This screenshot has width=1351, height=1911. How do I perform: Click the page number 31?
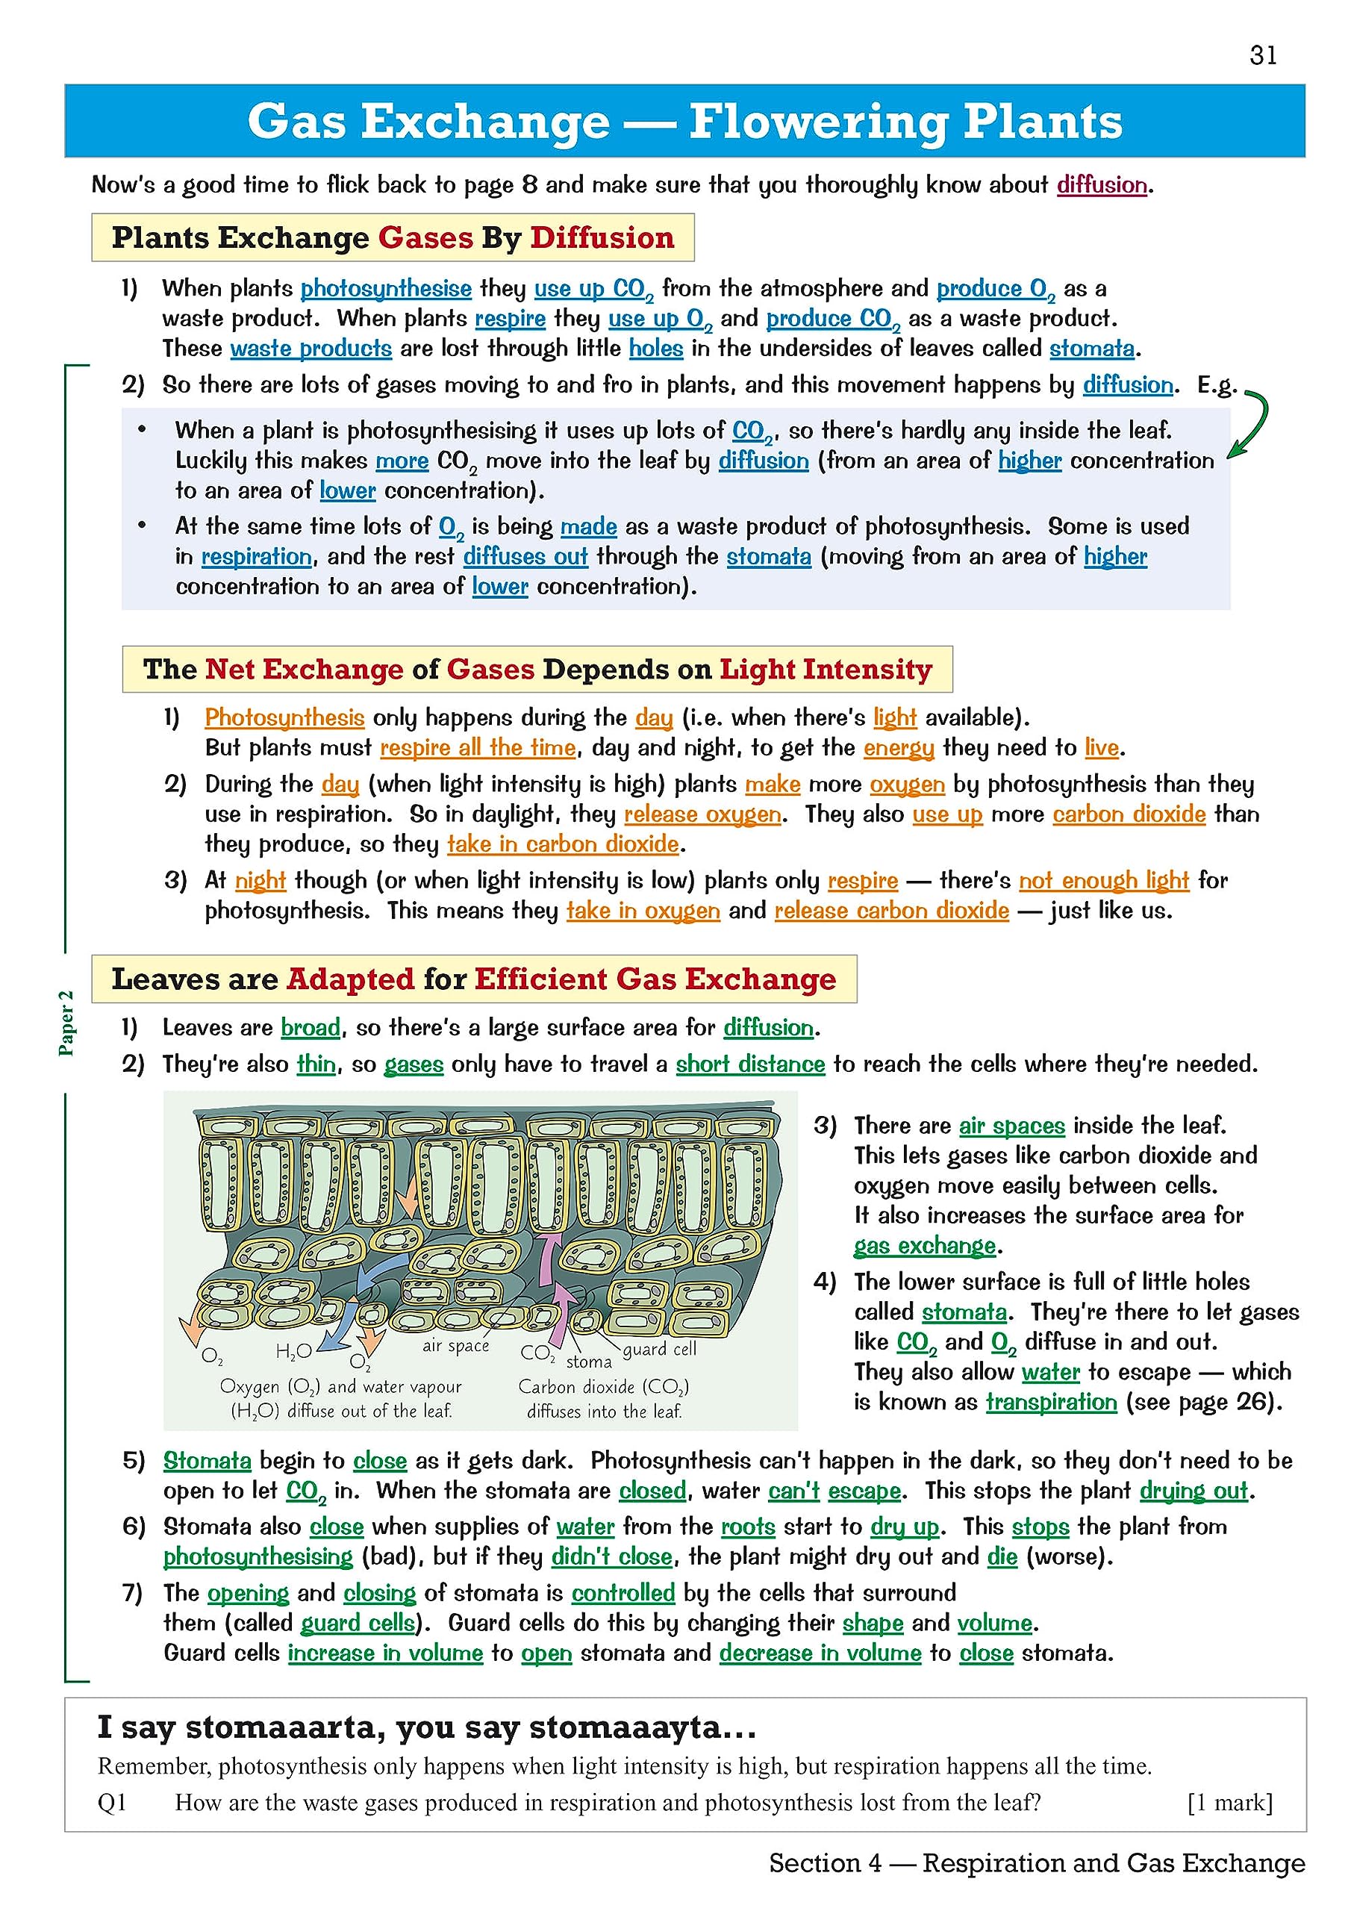point(1263,55)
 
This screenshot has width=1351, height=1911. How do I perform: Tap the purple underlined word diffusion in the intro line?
point(1101,185)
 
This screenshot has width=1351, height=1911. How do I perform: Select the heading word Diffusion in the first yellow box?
point(602,238)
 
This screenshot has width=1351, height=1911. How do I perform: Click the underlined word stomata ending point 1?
point(1091,348)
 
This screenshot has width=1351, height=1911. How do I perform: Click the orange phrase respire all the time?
point(478,747)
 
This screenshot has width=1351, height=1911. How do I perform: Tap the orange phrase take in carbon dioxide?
point(563,844)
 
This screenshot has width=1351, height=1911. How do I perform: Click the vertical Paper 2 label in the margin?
point(66,1023)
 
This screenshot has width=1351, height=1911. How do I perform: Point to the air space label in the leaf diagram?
point(455,1346)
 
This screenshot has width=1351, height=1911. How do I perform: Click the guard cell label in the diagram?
point(660,1348)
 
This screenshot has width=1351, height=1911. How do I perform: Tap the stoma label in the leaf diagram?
point(588,1362)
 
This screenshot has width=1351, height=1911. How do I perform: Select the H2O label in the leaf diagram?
point(293,1353)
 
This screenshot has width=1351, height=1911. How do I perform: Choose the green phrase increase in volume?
point(384,1653)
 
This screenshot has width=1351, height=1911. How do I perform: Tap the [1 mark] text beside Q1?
point(1229,1803)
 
